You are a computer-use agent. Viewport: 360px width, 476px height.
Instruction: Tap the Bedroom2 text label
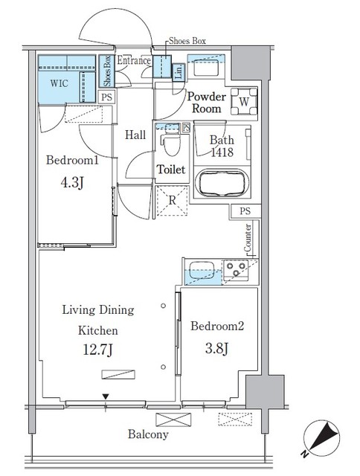217,327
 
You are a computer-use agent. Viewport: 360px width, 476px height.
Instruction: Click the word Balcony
146,434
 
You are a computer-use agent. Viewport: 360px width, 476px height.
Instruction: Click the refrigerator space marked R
172,199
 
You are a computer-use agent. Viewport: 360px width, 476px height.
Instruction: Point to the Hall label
135,135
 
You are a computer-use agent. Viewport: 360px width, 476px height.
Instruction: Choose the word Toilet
170,170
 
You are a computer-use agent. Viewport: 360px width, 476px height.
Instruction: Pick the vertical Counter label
248,238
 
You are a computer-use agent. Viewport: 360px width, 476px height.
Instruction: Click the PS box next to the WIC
107,97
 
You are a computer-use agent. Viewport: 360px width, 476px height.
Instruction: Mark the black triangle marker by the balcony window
106,397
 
